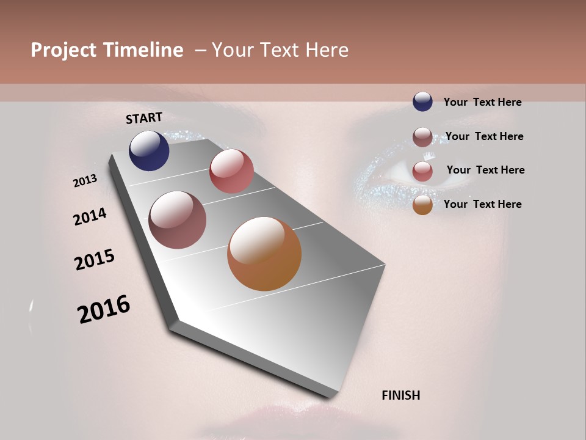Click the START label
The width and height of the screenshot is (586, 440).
point(144,118)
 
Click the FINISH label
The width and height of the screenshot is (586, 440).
point(400,395)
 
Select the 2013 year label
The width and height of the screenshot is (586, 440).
point(85,181)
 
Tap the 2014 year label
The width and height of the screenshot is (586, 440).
point(90,217)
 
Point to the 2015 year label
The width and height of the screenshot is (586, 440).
point(95,260)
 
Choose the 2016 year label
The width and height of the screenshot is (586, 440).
point(104,309)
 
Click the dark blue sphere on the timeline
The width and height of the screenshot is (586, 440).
point(149,151)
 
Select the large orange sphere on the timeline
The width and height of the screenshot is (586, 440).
point(264,254)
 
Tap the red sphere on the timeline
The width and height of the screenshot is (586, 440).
point(231,171)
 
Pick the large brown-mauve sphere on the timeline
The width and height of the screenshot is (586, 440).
point(177,220)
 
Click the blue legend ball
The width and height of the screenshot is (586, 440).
point(422,102)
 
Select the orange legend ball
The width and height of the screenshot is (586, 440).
point(422,205)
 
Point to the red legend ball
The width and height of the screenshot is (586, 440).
point(422,171)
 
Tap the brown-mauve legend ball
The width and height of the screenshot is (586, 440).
point(422,137)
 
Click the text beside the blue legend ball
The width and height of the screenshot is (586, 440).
point(482,102)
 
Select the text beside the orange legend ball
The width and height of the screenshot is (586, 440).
point(482,204)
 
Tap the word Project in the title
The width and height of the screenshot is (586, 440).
point(63,50)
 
